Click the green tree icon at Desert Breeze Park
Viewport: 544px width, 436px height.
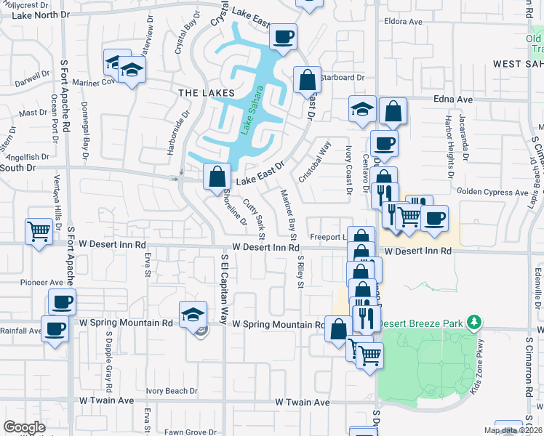(473, 320)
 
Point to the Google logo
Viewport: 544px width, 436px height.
(24, 427)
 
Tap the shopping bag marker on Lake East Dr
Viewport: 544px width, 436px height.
(217, 176)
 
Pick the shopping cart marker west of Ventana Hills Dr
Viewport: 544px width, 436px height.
(39, 230)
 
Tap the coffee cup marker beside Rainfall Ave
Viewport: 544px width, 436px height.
(55, 328)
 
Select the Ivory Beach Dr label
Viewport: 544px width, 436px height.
(172, 391)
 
